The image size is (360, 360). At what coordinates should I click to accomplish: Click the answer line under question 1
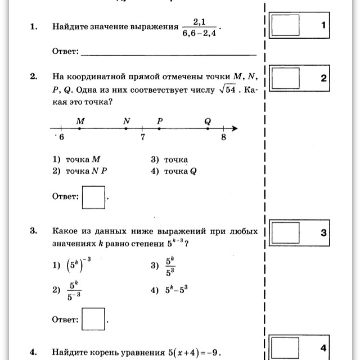(169, 55)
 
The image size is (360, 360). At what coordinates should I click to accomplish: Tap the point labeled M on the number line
(79, 129)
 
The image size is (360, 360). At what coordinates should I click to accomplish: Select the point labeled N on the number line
(126, 129)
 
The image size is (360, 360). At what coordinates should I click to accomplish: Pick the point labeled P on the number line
(159, 129)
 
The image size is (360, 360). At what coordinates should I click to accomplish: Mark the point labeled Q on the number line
(208, 129)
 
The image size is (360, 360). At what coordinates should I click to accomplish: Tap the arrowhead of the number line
(235, 129)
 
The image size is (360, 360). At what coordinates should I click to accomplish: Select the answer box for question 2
(93, 197)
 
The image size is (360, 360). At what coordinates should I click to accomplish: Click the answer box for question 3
(93, 319)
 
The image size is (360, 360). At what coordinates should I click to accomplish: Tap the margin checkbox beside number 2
(286, 79)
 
